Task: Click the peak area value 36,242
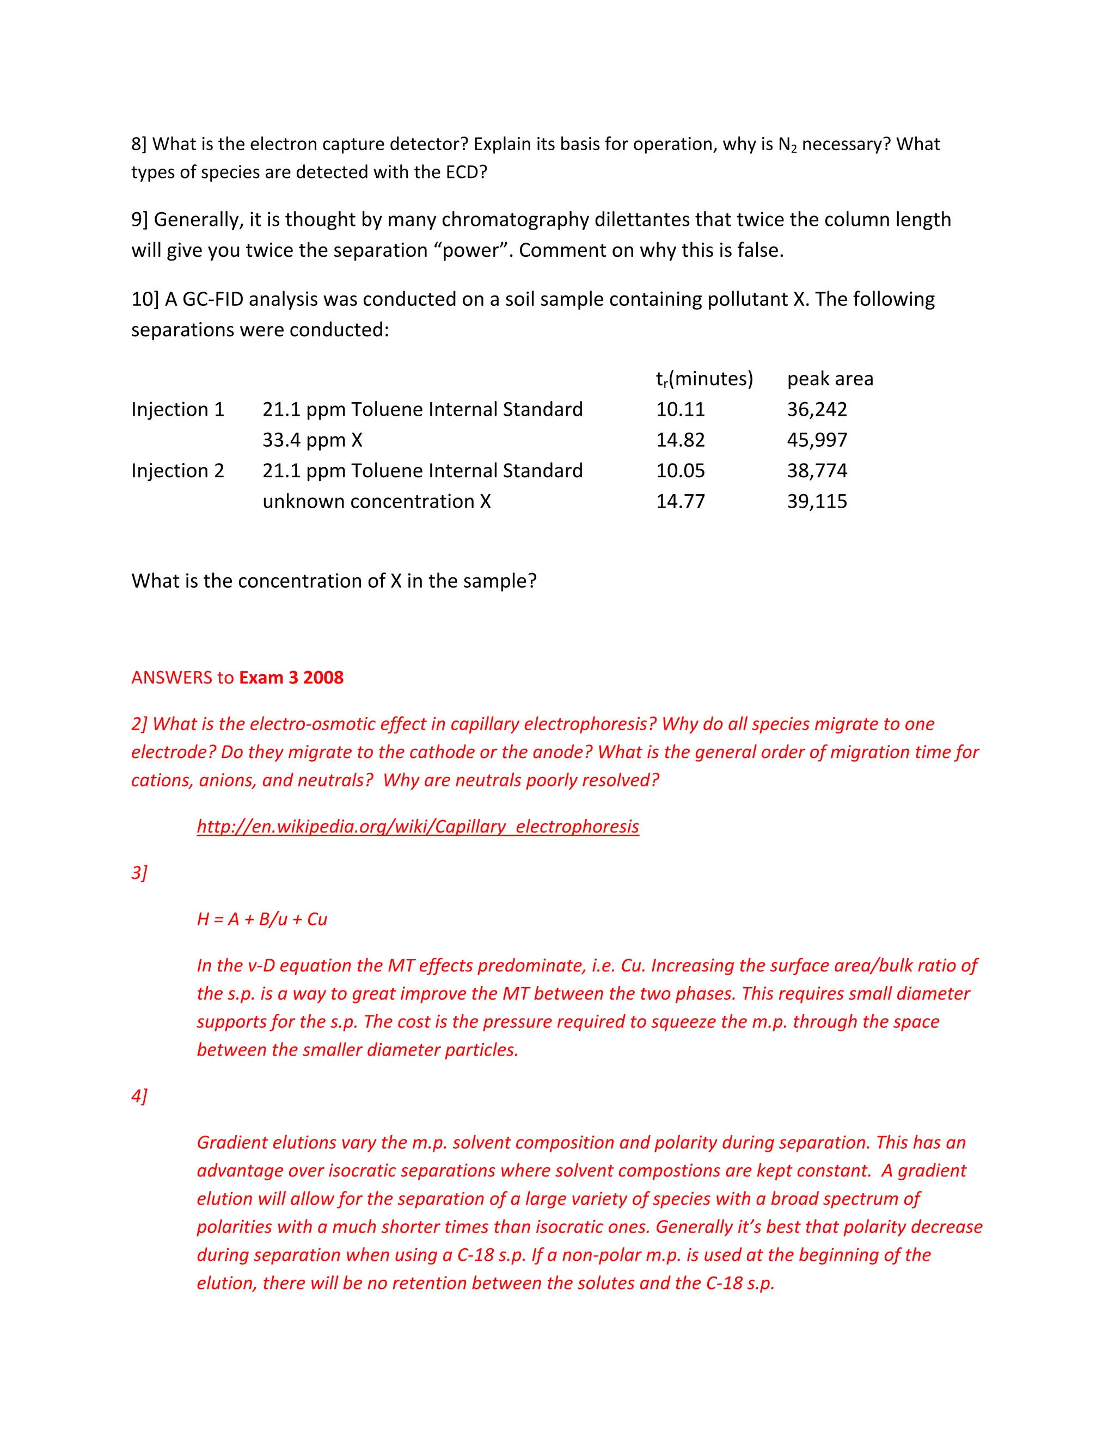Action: click(x=817, y=409)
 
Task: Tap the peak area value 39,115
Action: click(x=817, y=501)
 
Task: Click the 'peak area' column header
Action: click(x=830, y=378)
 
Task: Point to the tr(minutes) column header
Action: click(x=704, y=379)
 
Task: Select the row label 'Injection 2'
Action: click(x=177, y=471)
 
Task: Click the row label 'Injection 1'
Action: click(x=177, y=409)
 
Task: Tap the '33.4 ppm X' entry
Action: click(x=312, y=440)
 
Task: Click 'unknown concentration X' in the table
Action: click(x=377, y=501)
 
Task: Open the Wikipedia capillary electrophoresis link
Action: click(x=418, y=827)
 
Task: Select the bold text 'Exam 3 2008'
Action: click(x=291, y=677)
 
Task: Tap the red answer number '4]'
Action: click(x=139, y=1096)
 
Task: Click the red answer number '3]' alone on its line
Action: click(x=139, y=873)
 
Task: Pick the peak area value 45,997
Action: click(x=817, y=440)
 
